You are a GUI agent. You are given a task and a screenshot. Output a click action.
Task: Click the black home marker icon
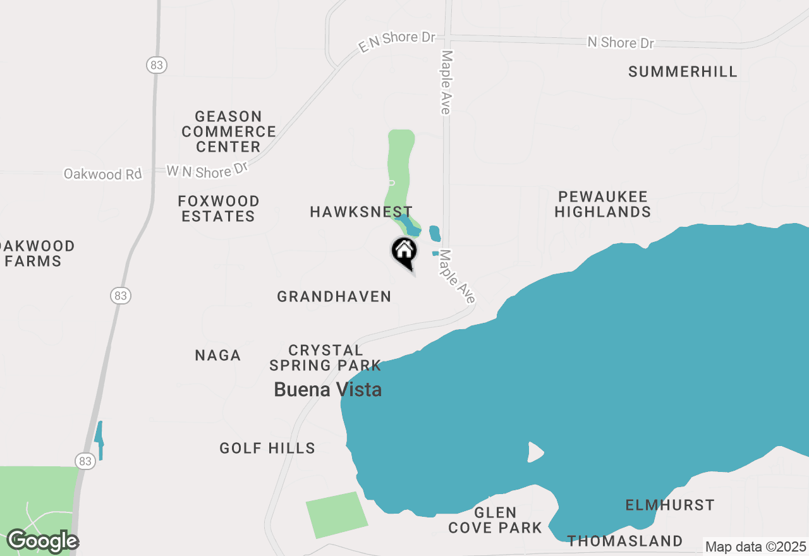point(404,251)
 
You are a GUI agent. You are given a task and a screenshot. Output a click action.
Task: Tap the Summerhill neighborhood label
point(683,71)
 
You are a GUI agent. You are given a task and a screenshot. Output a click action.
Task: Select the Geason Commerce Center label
point(229,131)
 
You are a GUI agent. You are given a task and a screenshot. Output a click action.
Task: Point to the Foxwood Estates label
point(219,208)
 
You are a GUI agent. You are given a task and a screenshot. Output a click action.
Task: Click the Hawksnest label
point(361,212)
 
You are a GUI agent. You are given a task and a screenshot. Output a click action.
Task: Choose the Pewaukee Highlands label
point(603,204)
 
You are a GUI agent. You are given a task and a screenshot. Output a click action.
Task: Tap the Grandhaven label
point(334,296)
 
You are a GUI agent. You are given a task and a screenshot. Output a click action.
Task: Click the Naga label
point(218,356)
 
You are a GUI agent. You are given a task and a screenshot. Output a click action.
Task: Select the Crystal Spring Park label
point(325,358)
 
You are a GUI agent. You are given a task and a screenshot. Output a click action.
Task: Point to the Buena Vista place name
point(327,390)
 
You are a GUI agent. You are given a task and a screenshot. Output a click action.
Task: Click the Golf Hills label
point(267,449)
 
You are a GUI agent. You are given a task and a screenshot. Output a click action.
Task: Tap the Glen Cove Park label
point(496,520)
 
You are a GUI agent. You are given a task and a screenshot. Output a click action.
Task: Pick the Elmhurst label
point(670,505)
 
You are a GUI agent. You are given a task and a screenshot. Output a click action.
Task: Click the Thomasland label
point(624,541)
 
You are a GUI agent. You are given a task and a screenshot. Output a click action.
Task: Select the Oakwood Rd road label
point(103,174)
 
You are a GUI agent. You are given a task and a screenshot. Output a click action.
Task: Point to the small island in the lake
point(535,452)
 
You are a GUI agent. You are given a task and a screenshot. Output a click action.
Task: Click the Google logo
point(43,541)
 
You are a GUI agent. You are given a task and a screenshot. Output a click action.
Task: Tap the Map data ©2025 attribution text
point(755,547)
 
